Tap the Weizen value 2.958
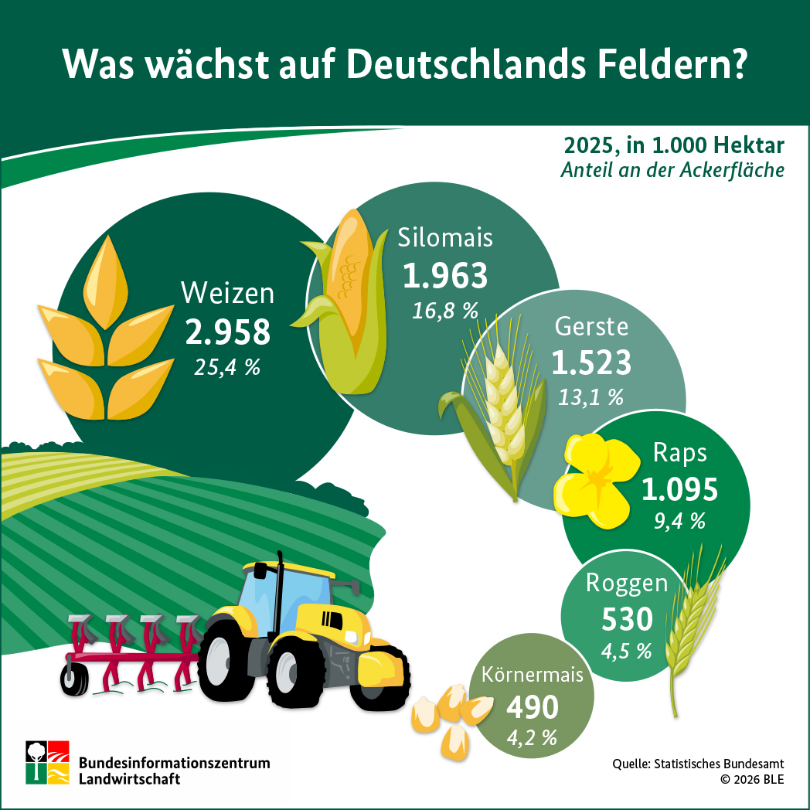[228, 332]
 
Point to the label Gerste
[591, 326]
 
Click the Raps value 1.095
[679, 488]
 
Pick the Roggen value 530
[627, 618]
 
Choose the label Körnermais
[532, 675]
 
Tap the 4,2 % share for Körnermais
[532, 737]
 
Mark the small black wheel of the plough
[75, 678]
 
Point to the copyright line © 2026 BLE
[751, 779]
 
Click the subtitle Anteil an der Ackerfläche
[672, 170]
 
